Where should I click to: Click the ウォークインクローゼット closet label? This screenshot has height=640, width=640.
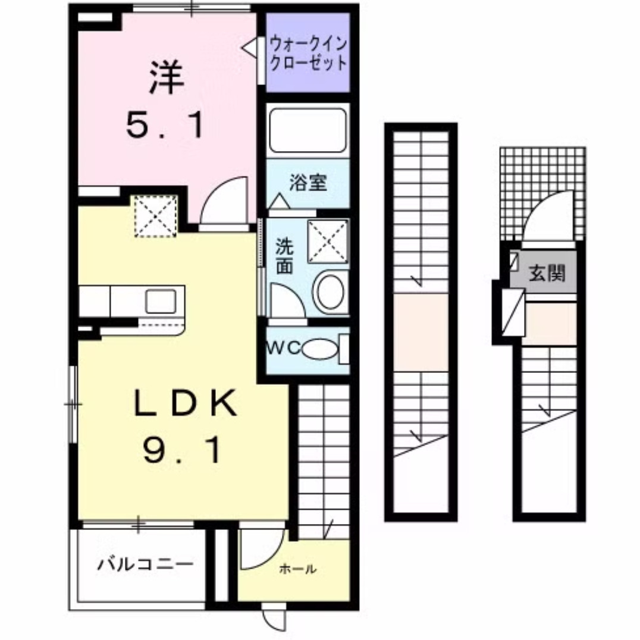308,53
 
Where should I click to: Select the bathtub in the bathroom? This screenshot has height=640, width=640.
308,130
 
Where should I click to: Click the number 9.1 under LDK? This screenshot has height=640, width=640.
182,450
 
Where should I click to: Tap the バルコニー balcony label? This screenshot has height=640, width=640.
146,562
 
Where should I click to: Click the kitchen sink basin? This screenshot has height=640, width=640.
161,300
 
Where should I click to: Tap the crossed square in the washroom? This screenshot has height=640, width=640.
328,241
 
